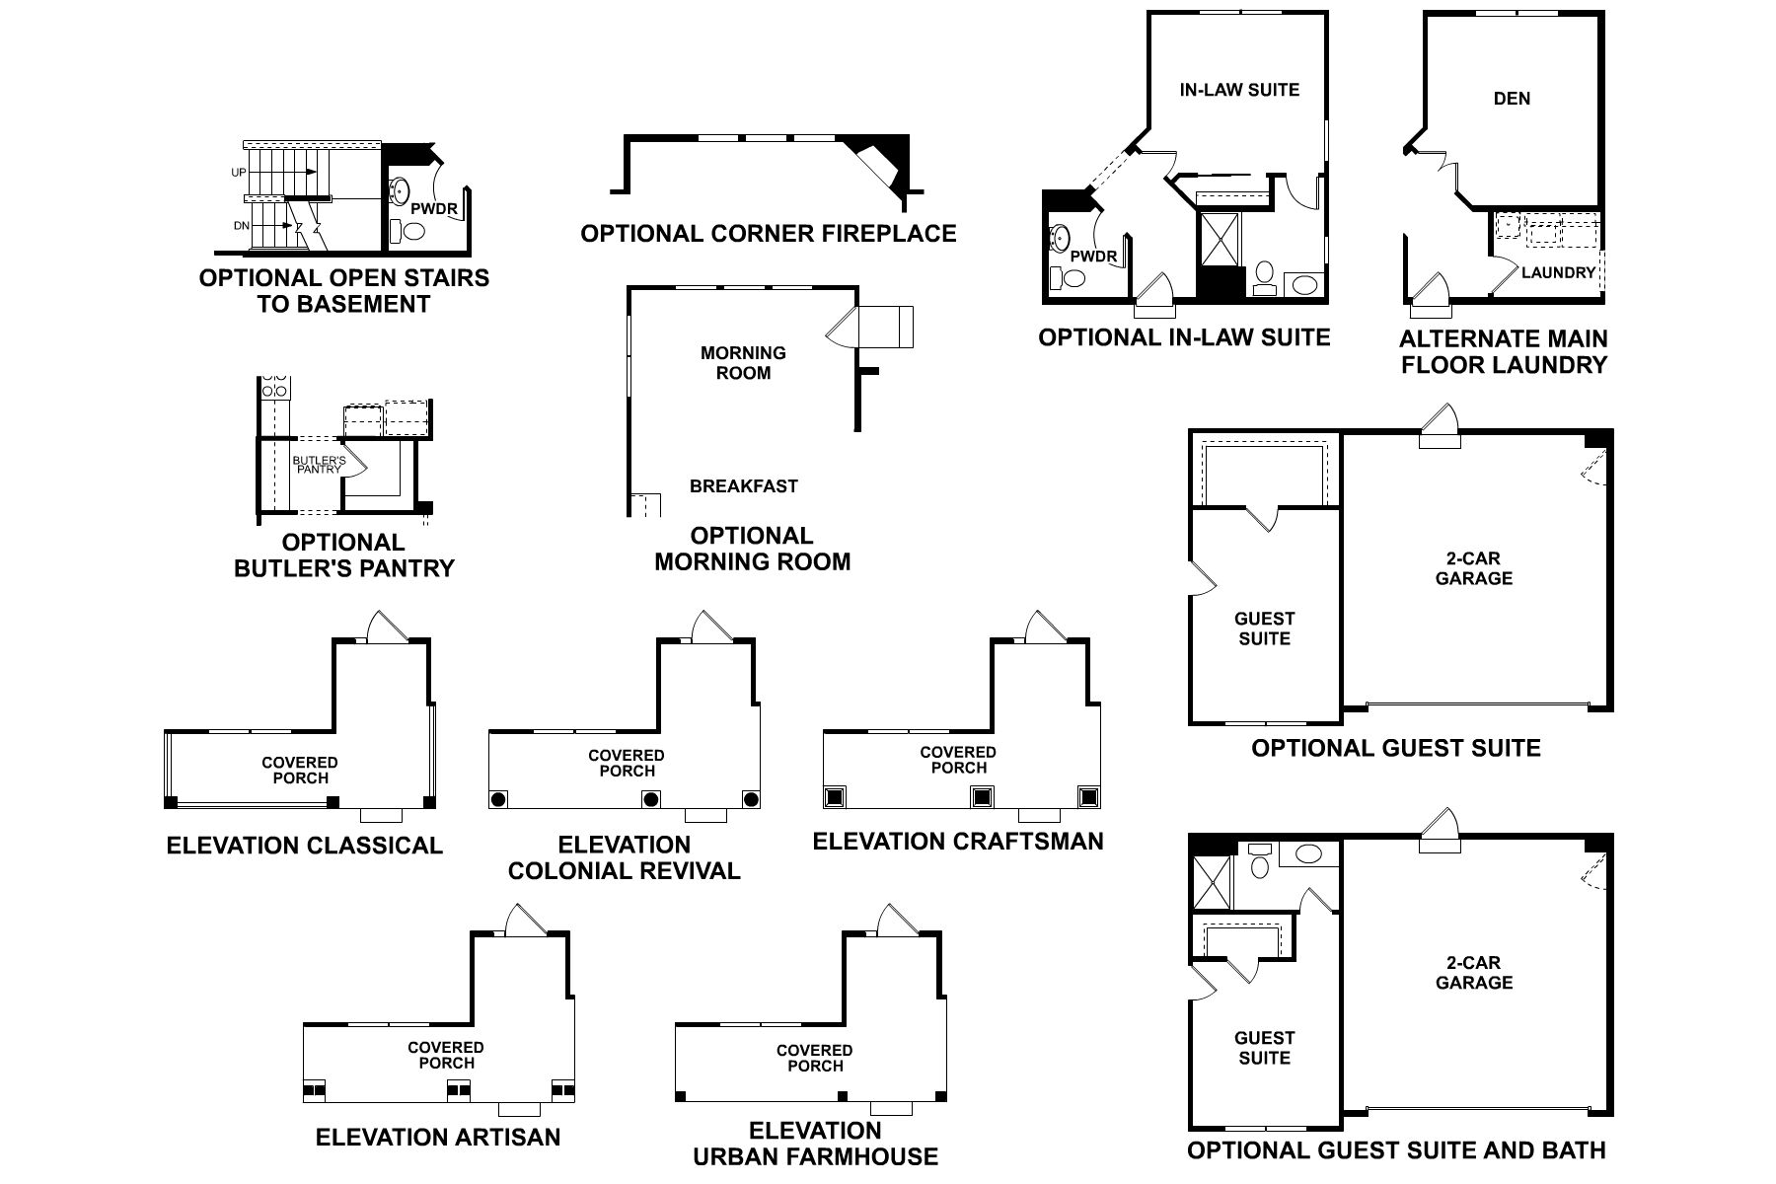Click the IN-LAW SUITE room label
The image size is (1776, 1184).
(x=1239, y=90)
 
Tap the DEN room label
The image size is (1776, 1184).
(x=1512, y=98)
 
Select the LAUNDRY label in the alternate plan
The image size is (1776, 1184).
(x=1558, y=272)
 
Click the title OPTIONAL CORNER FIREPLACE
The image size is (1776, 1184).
(x=768, y=234)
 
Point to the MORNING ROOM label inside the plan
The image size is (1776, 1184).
(x=743, y=363)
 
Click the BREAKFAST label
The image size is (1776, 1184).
(x=743, y=486)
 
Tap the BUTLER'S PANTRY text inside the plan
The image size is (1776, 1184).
(x=319, y=465)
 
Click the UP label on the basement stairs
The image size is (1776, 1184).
(x=239, y=173)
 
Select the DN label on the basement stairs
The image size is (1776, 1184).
(x=241, y=226)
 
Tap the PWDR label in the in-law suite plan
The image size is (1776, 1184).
(x=1093, y=258)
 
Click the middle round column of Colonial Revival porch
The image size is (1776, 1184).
(x=650, y=798)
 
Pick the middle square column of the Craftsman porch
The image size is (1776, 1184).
(x=981, y=795)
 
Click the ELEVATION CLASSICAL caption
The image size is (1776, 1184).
(x=304, y=846)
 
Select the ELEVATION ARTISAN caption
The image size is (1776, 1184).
(x=437, y=1138)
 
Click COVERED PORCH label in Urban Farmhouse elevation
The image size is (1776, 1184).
(x=815, y=1058)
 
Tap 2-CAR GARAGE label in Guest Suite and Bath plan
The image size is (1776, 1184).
(x=1474, y=973)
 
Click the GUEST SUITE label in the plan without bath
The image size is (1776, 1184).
(x=1264, y=629)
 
